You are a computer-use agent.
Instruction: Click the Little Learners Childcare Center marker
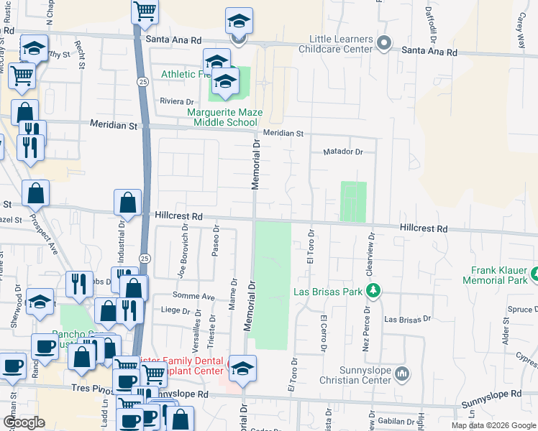384,44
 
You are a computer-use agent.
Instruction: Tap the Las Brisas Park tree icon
373,290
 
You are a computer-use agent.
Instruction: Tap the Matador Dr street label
344,152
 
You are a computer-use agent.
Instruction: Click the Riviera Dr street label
177,102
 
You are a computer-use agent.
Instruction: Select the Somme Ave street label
193,296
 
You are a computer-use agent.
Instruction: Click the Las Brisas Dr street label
407,318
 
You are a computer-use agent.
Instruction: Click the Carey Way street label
520,32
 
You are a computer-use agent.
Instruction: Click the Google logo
24,422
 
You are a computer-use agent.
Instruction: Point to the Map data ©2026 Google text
493,425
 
